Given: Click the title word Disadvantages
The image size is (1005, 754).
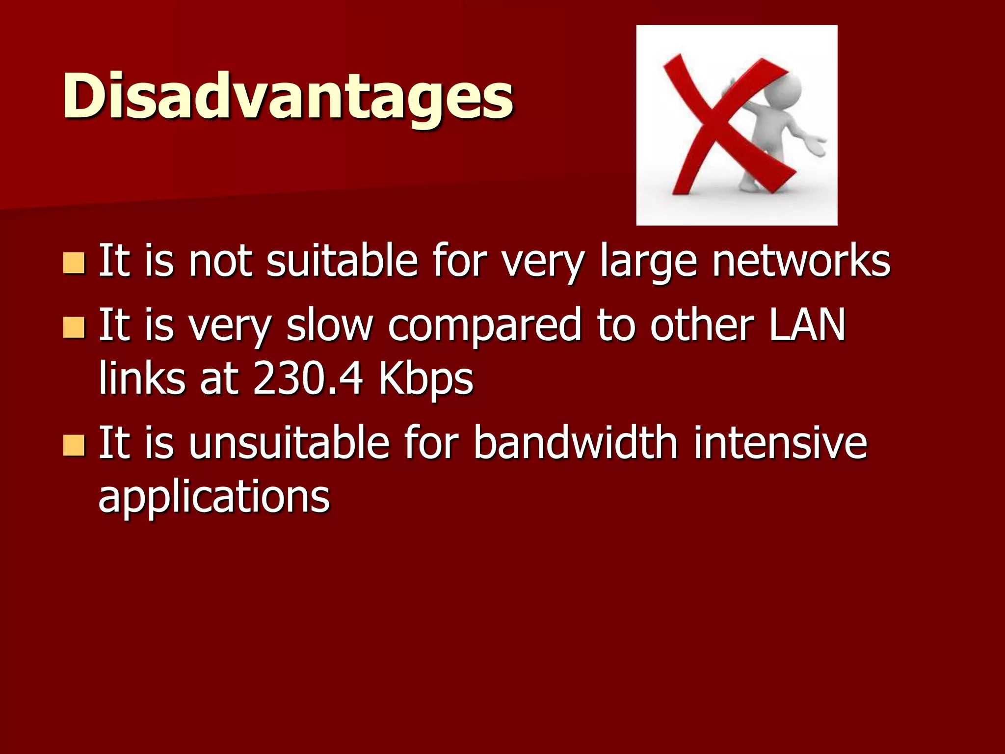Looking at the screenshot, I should pyautogui.click(x=288, y=96).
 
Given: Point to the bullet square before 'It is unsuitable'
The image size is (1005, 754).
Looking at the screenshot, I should pyautogui.click(x=74, y=445).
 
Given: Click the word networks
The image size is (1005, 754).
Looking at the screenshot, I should pyautogui.click(x=801, y=261).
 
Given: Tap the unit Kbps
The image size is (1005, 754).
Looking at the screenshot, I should pyautogui.click(x=425, y=380).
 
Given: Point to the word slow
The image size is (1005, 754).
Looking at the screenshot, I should pyautogui.click(x=329, y=325).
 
